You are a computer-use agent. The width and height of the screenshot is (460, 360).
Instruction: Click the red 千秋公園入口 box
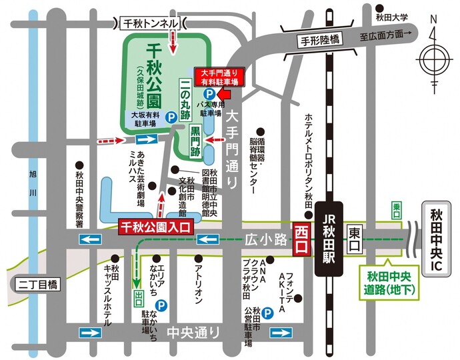coord(155,227)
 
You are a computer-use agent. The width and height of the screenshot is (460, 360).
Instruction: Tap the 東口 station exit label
coord(353,234)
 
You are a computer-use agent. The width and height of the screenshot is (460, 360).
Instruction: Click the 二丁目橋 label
coord(37,285)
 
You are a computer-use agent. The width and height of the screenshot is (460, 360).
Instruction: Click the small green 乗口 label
coord(396,207)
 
